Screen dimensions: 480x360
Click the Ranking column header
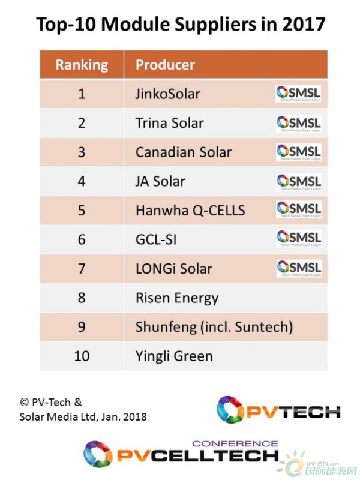[82, 65]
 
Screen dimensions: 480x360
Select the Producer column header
[165, 65]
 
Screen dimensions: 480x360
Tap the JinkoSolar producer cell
[167, 94]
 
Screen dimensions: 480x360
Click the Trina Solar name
[169, 123]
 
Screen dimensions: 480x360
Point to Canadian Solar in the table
[183, 152]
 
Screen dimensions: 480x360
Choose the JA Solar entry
[160, 181]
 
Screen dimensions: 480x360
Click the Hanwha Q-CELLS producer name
[190, 210]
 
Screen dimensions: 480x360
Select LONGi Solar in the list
[173, 268]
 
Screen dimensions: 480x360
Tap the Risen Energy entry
[176, 298]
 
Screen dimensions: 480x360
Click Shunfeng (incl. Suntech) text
[214, 327]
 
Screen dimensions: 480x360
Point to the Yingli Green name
[174, 356]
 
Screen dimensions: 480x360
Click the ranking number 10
[82, 356]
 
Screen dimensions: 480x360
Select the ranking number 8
[82, 298]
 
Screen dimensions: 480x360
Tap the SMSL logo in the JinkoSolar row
[298, 94]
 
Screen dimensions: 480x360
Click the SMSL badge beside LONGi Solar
[298, 268]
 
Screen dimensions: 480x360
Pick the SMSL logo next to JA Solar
[298, 181]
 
